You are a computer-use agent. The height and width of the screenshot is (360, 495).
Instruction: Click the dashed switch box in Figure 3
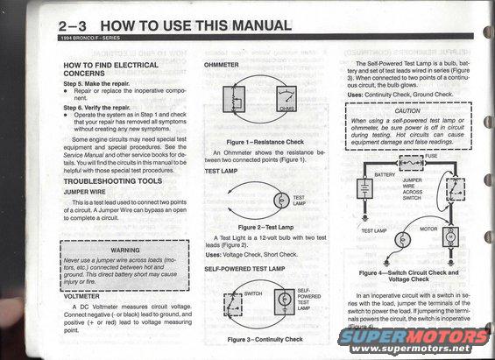232,300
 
